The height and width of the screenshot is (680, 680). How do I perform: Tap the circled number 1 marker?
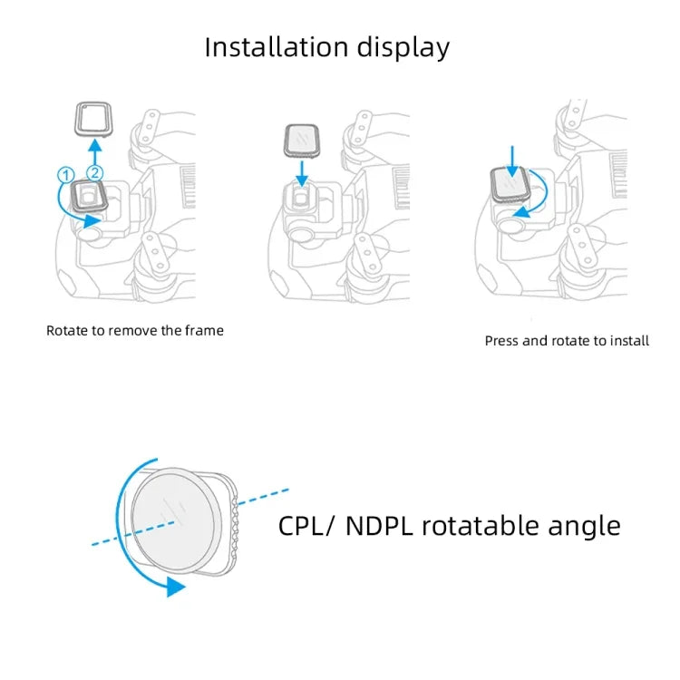[x=64, y=173]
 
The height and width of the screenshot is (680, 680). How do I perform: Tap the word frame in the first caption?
[x=204, y=331]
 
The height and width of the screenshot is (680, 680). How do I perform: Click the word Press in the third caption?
[x=503, y=342]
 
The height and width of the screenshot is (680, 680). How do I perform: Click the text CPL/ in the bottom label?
[x=306, y=526]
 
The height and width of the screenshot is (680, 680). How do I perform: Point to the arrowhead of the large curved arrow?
[x=176, y=588]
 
